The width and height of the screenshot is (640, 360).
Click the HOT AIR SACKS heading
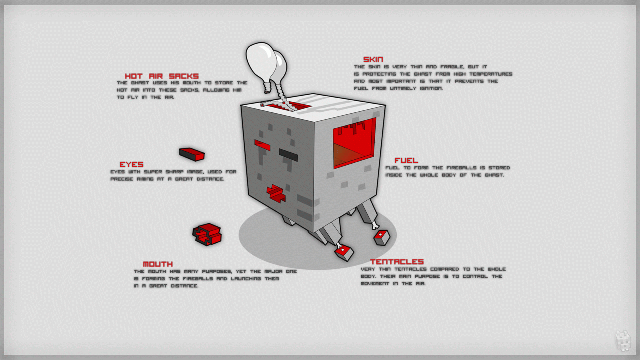tap(162, 76)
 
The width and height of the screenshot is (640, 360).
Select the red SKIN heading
tap(373, 60)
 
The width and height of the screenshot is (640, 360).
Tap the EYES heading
tap(131, 164)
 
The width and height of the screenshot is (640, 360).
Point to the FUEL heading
tap(406, 160)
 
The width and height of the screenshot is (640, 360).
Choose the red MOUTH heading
tap(158, 264)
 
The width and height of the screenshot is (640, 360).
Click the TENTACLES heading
tap(396, 262)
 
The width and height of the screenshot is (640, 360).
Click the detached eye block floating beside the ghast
tap(192, 154)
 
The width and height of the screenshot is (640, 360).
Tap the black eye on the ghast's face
tap(288, 154)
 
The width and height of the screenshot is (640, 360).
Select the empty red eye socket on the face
tap(262, 145)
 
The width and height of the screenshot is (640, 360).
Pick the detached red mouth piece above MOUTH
tap(207, 234)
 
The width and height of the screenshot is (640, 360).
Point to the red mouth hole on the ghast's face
tap(276, 193)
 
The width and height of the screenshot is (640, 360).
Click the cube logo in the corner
tap(622, 340)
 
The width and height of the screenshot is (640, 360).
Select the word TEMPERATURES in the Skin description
tap(490, 74)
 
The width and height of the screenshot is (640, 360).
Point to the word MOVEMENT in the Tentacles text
tap(375, 284)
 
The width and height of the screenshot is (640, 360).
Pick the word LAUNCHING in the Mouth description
tap(246, 278)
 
